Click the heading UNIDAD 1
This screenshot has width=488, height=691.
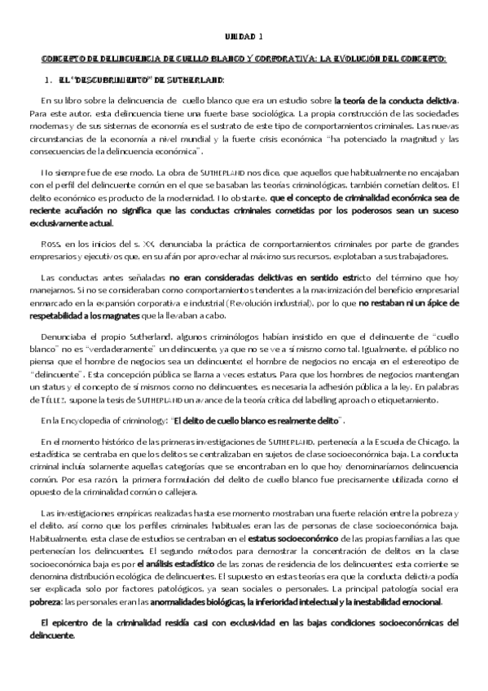pyautogui.click(x=244, y=37)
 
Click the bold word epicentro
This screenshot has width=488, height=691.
pyautogui.click(x=67, y=623)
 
